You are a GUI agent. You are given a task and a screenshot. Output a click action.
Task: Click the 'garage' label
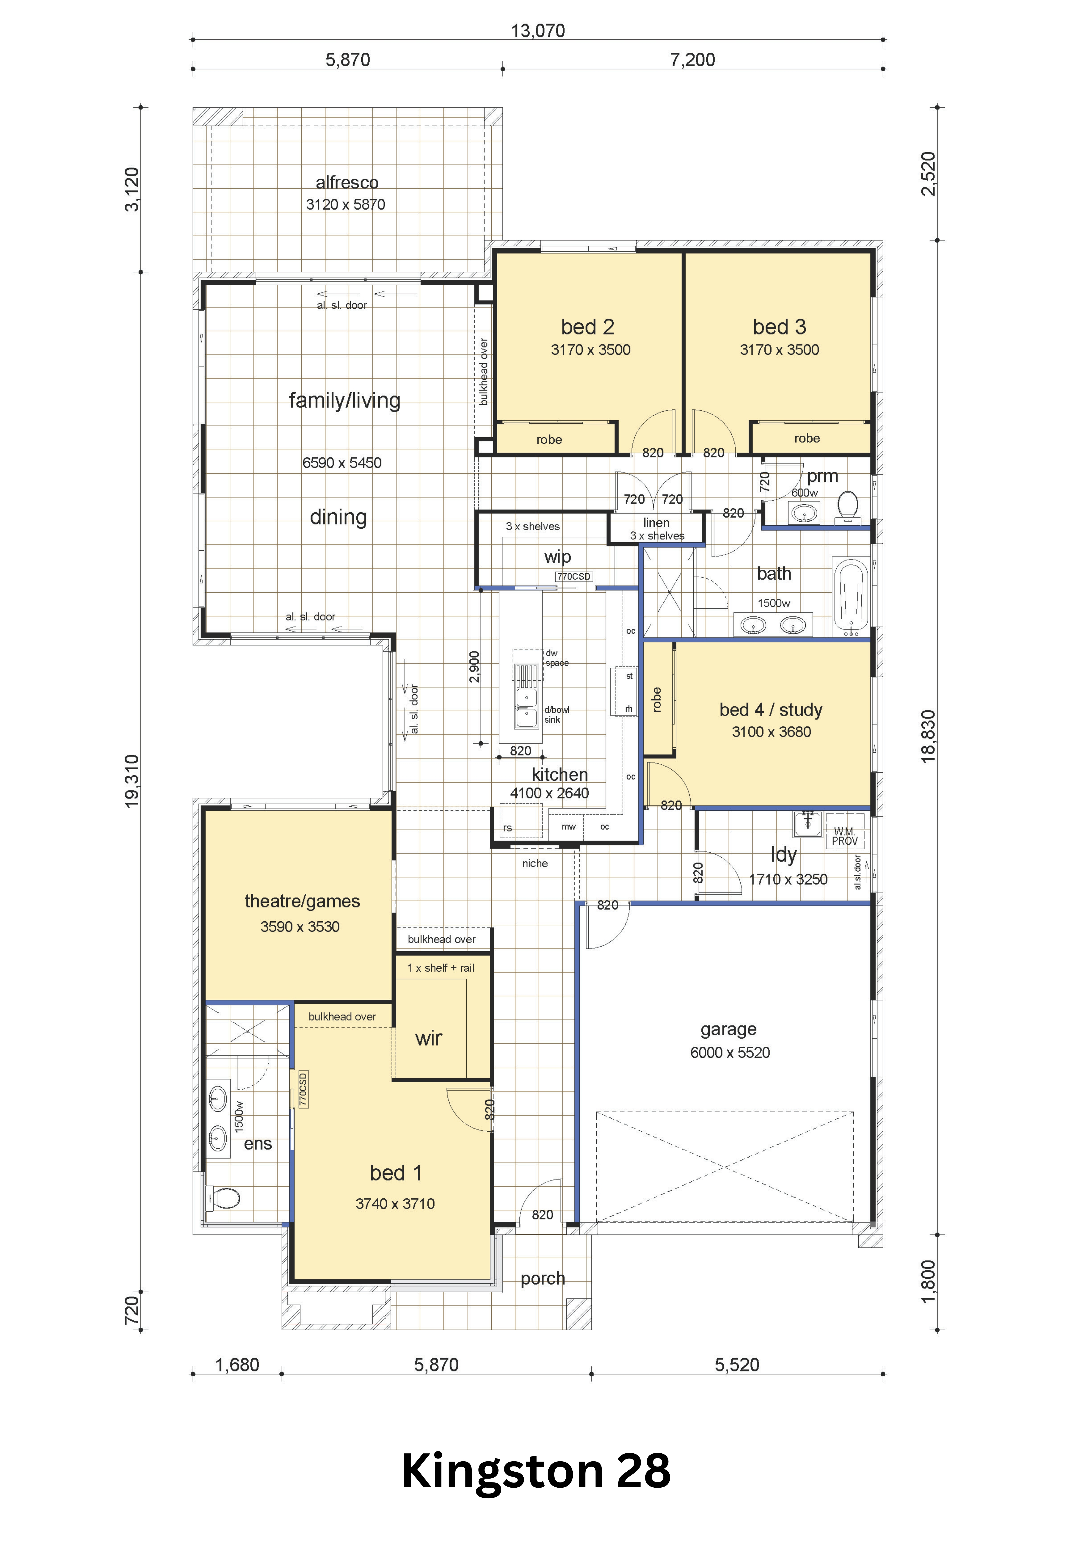[x=728, y=1029]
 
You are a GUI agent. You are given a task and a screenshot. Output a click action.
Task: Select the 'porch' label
[x=543, y=1279]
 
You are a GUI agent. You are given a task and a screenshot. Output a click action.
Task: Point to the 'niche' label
[x=535, y=864]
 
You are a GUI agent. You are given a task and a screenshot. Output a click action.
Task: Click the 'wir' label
[x=429, y=1038]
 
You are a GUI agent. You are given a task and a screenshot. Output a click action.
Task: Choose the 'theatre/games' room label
[x=302, y=901]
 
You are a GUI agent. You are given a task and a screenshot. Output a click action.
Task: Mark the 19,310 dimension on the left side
[x=132, y=780]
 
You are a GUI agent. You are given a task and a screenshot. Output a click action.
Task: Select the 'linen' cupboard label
[x=656, y=522]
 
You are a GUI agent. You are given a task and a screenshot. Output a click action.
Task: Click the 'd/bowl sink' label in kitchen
[x=556, y=715]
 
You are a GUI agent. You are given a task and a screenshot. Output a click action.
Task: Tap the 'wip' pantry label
[x=557, y=557]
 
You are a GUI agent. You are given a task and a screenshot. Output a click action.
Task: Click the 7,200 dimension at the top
[x=692, y=60]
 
